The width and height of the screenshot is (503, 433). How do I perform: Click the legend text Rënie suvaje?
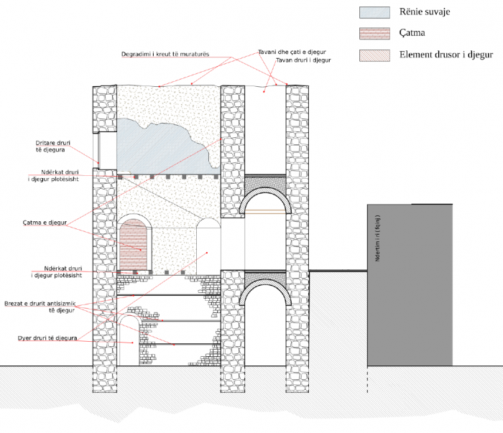[x=425, y=12]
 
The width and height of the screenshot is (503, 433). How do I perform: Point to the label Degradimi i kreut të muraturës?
[x=175, y=55]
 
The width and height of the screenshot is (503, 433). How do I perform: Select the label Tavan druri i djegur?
[x=303, y=61]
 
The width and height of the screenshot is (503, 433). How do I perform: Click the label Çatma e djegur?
[x=45, y=223]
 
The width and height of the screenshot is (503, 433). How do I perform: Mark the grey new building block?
[x=410, y=287]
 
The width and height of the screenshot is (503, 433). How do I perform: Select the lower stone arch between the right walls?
[x=266, y=291]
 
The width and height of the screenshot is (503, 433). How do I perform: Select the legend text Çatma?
[x=414, y=33]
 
